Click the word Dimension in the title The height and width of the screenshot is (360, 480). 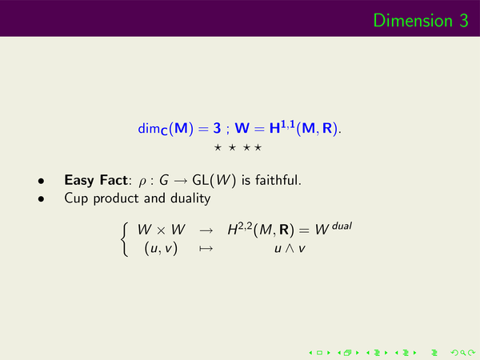tap(413, 21)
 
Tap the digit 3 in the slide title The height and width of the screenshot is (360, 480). tap(464, 21)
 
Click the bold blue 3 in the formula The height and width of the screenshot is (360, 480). tap(217, 128)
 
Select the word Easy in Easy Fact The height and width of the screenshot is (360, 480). tap(79, 181)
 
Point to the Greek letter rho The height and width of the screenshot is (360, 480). tap(142, 182)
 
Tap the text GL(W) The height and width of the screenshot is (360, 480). tap(214, 180)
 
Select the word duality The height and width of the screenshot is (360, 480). tap(190, 198)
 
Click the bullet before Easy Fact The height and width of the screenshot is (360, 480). tap(41, 181)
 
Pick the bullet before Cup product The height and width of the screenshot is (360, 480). tap(41, 199)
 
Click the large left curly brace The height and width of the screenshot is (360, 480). tap(124, 239)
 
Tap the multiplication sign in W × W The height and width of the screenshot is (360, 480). tap(161, 230)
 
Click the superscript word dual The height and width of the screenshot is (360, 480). tap(342, 226)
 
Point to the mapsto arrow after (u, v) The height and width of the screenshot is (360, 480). tap(206, 248)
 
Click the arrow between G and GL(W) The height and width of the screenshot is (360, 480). tap(180, 181)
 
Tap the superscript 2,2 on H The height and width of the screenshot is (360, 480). tap(245, 226)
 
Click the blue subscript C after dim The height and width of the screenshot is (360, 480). tap(164, 132)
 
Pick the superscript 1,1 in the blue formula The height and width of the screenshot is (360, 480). tap(288, 124)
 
